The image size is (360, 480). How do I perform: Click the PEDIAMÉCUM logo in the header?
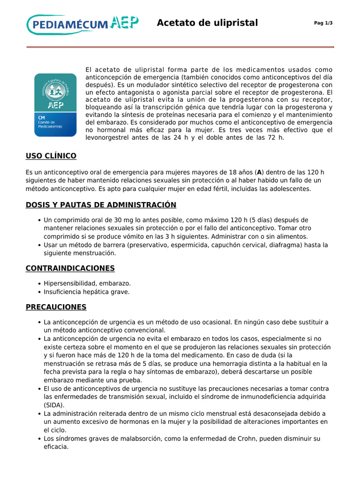click(x=82, y=24)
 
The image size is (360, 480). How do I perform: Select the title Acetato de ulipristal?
click(x=207, y=23)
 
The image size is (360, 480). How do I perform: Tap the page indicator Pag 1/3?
click(x=323, y=23)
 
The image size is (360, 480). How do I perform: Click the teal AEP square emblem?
click(x=55, y=105)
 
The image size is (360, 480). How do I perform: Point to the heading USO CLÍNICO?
click(x=51, y=156)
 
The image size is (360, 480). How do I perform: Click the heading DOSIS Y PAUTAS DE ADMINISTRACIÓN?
click(x=101, y=205)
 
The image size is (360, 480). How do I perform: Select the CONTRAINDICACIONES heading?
click(x=70, y=268)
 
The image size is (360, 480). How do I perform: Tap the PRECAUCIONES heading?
click(x=56, y=307)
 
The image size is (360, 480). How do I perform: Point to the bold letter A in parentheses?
click(x=259, y=172)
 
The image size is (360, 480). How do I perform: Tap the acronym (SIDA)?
click(x=54, y=405)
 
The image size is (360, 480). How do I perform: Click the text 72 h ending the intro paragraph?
click(x=276, y=138)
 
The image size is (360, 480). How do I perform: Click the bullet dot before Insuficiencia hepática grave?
click(x=38, y=292)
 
